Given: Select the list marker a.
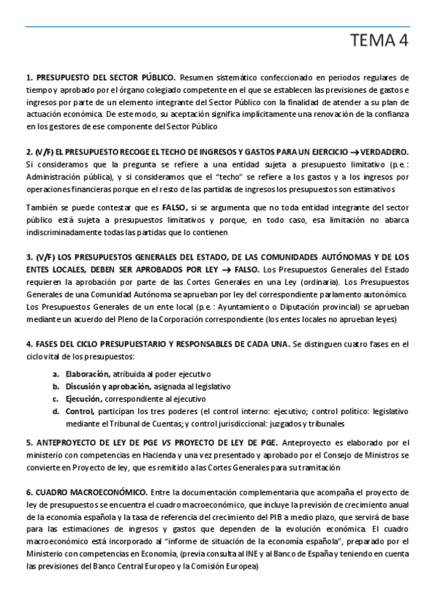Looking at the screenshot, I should (x=56, y=373).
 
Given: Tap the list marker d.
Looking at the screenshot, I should (x=56, y=411).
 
